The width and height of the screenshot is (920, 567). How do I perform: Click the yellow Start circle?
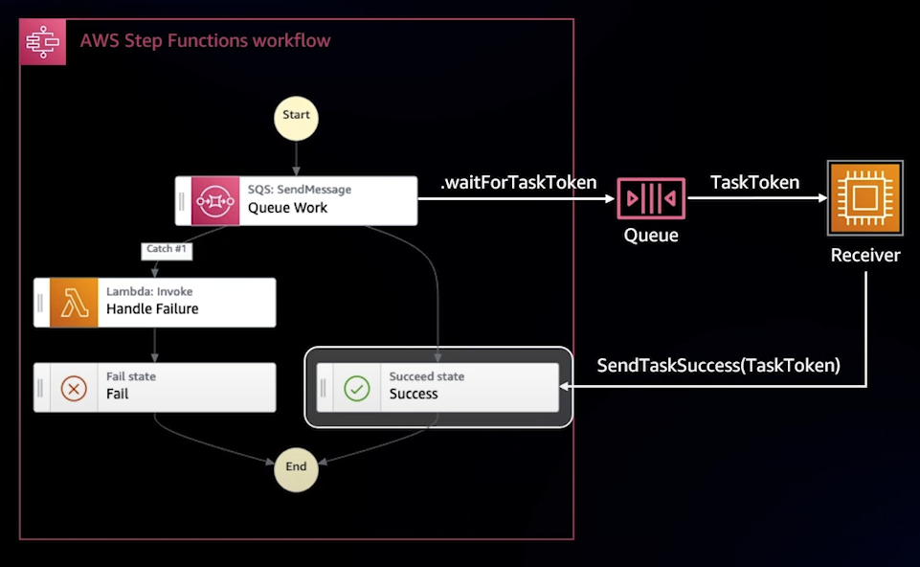(296, 116)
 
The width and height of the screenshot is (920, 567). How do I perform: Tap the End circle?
(296, 467)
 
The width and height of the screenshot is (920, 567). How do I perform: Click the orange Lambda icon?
(74, 303)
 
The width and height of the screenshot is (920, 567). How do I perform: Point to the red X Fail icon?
(74, 387)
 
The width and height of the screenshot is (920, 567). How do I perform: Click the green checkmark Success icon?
(357, 387)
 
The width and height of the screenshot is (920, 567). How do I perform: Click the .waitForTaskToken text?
(518, 182)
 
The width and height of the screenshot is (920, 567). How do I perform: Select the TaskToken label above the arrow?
(754, 182)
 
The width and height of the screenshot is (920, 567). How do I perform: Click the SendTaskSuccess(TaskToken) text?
(718, 365)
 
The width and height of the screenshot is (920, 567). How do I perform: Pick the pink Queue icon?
(651, 198)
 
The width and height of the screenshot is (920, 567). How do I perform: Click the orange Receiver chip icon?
(864, 199)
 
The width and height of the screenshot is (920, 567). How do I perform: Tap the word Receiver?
(864, 255)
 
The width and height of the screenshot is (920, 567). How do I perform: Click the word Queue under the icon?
(651, 235)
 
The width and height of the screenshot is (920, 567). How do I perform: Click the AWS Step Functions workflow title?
(205, 41)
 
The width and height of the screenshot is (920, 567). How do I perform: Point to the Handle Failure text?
(152, 309)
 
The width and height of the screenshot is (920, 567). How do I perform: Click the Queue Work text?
(287, 207)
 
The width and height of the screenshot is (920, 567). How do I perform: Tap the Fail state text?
(130, 377)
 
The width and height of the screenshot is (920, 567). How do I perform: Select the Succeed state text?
(426, 377)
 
